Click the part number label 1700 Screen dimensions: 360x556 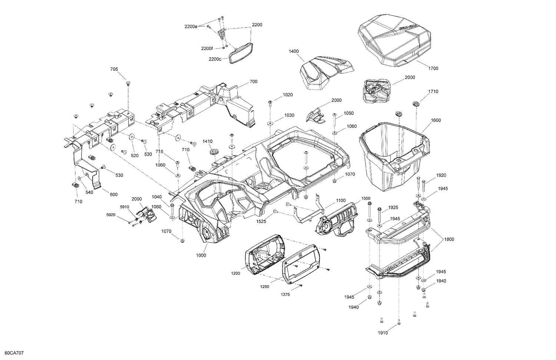tap(433, 68)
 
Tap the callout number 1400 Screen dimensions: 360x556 tap(294, 51)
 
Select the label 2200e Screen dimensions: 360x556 tap(191, 26)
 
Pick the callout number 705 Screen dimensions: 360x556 tap(114, 69)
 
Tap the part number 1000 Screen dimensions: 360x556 tap(201, 255)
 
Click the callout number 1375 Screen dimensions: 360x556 tap(285, 294)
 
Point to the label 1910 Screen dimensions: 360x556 tap(383, 333)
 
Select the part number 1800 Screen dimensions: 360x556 tap(449, 239)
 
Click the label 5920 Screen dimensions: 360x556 tap(111, 215)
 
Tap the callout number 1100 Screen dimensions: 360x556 tap(341, 200)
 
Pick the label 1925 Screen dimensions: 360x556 tap(393, 207)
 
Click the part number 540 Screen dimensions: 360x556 tap(89, 192)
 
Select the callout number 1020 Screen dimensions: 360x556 tap(288, 95)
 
